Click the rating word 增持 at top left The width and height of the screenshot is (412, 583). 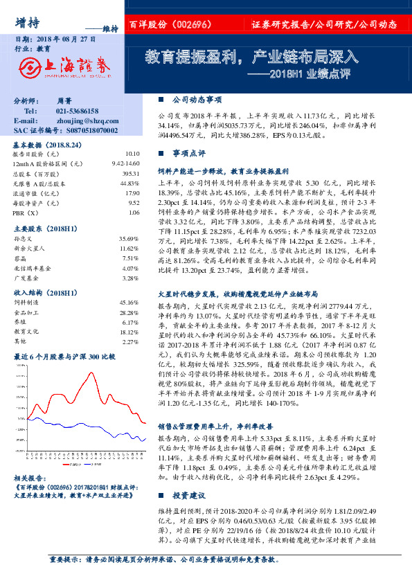[x=26, y=21]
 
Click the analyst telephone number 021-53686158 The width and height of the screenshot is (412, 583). [x=77, y=111]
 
